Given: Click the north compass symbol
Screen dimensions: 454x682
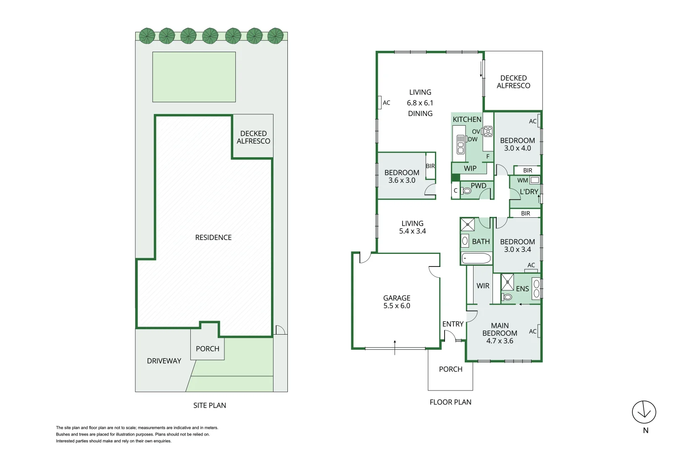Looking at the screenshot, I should click(644, 412).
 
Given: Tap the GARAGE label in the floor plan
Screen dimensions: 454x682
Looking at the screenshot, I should click(396, 298).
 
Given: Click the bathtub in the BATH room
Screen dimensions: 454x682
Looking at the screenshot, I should click(476, 258).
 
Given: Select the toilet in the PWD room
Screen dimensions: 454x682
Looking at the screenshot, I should click(466, 191).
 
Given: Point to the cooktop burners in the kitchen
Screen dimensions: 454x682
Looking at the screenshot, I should click(488, 132).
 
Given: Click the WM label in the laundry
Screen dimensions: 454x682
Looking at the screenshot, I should click(522, 180).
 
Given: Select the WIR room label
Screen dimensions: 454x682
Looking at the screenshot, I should click(483, 286).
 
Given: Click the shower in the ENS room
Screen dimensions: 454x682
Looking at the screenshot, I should click(508, 282).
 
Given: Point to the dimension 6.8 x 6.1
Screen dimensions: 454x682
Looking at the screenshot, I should click(420, 103).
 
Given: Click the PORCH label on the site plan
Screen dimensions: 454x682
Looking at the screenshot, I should click(208, 349).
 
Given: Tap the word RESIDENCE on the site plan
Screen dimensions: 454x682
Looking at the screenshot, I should click(213, 238).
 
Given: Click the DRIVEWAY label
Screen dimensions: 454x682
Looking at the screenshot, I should click(164, 361).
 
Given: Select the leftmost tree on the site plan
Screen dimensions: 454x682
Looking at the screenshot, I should click(147, 36).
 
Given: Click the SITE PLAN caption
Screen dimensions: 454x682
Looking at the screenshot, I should click(210, 405).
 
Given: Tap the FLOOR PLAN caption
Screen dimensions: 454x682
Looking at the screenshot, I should click(450, 402).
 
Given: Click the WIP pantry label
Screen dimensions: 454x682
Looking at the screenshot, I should click(470, 169).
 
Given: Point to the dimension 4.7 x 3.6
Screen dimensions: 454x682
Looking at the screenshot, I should click(500, 341).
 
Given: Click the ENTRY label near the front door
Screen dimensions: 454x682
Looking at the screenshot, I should click(453, 324).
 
